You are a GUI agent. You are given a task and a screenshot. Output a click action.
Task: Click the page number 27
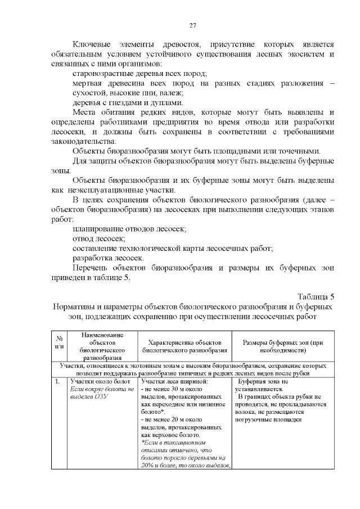point(192,25)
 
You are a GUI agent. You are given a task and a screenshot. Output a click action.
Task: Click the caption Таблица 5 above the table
point(315,297)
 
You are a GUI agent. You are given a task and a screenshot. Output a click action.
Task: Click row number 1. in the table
point(57,382)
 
